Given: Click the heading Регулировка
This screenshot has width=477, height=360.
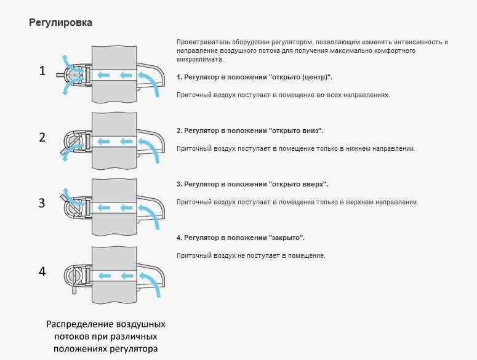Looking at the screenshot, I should click(61, 23).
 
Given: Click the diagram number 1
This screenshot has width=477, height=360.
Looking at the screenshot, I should click(42, 71).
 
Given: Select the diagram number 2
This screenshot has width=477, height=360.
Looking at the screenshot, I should click(42, 137).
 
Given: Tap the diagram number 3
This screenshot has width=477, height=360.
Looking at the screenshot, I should click(42, 203).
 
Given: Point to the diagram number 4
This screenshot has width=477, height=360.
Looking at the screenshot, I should click(42, 271).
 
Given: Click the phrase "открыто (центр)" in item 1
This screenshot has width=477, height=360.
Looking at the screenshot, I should click(300, 78).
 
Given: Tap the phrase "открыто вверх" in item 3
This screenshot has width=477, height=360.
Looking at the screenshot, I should click(299, 185).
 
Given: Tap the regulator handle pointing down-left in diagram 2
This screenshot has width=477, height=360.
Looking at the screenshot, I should click(64, 150).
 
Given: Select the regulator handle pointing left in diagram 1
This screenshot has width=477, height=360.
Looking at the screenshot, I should click(61, 74).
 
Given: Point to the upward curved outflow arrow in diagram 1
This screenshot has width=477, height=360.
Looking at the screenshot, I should click(64, 60).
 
